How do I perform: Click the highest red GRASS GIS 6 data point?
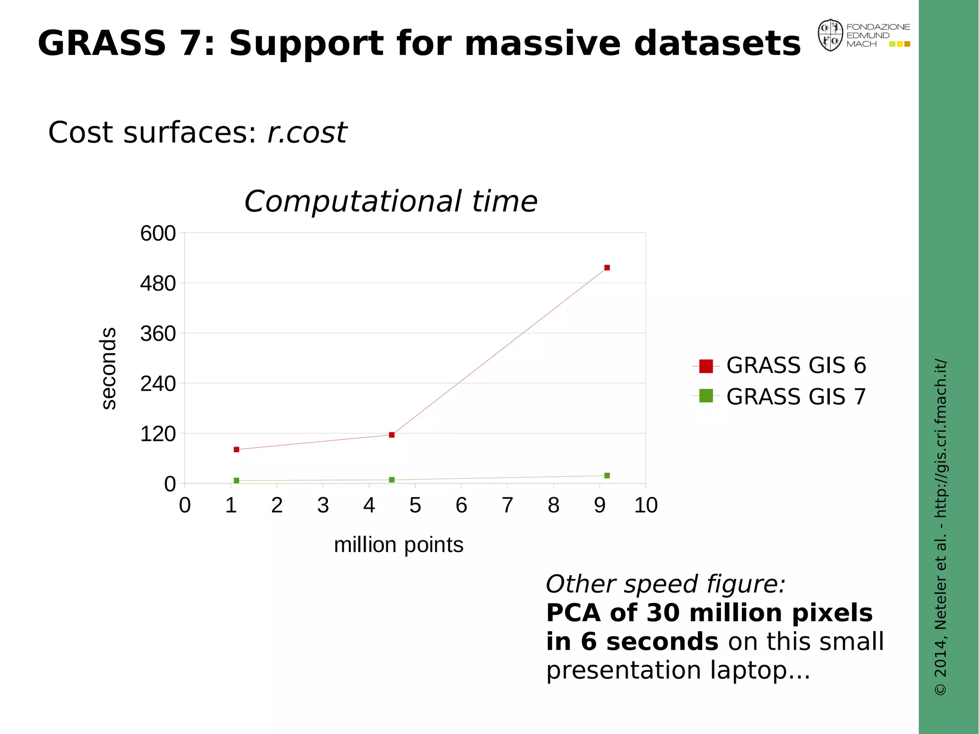607,268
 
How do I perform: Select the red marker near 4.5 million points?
392,435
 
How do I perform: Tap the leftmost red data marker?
236,449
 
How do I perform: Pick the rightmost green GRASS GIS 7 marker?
607,475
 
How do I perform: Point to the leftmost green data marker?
236,480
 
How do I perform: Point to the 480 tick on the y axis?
158,284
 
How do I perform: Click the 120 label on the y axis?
158,434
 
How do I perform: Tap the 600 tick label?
158,233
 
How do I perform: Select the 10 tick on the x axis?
646,505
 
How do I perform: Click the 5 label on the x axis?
415,505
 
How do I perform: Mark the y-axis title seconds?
109,368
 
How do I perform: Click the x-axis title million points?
398,545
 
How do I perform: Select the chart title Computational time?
391,201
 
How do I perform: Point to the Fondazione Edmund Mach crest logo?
830,35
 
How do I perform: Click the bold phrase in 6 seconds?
632,641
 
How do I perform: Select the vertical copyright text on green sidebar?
940,526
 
